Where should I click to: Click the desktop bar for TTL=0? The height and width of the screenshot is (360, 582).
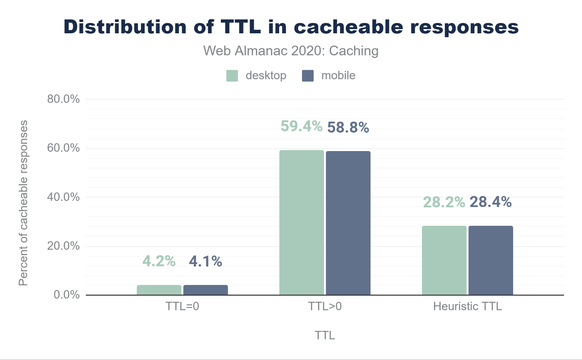tap(159, 290)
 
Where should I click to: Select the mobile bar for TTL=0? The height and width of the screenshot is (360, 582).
tap(206, 290)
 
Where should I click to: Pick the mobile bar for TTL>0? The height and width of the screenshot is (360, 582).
tap(348, 223)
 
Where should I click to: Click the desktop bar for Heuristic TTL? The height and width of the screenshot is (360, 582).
tap(444, 260)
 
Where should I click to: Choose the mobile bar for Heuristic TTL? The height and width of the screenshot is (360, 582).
tap(491, 260)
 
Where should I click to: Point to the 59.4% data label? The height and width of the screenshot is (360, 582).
tap(301, 126)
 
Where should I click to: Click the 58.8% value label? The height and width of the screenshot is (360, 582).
tap(348, 127)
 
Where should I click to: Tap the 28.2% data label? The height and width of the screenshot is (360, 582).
tap(444, 202)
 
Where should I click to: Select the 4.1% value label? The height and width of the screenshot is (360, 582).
tap(206, 261)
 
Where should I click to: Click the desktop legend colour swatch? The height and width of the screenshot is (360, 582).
tap(232, 76)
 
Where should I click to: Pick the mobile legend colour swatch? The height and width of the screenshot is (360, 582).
tap(308, 76)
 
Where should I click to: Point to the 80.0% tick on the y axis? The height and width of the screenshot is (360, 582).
tap(63, 99)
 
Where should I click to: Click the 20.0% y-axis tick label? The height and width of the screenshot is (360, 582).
tap(63, 246)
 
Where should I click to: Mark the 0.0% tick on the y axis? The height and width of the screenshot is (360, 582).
tap(67, 295)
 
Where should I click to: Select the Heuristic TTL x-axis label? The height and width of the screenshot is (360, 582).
tap(468, 306)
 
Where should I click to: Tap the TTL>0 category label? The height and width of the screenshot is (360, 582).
tap(325, 306)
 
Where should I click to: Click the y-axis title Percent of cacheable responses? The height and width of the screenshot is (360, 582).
tap(23, 203)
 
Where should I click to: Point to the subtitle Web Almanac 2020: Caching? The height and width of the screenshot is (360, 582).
tap(291, 51)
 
